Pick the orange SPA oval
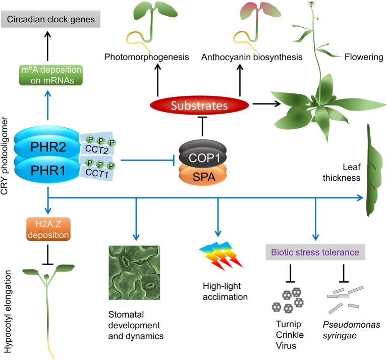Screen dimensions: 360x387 [x=202, y=177]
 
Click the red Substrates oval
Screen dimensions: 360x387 [x=200, y=107]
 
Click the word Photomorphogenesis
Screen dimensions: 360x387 [x=146, y=57]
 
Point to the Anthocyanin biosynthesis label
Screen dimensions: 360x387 [x=252, y=57]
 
